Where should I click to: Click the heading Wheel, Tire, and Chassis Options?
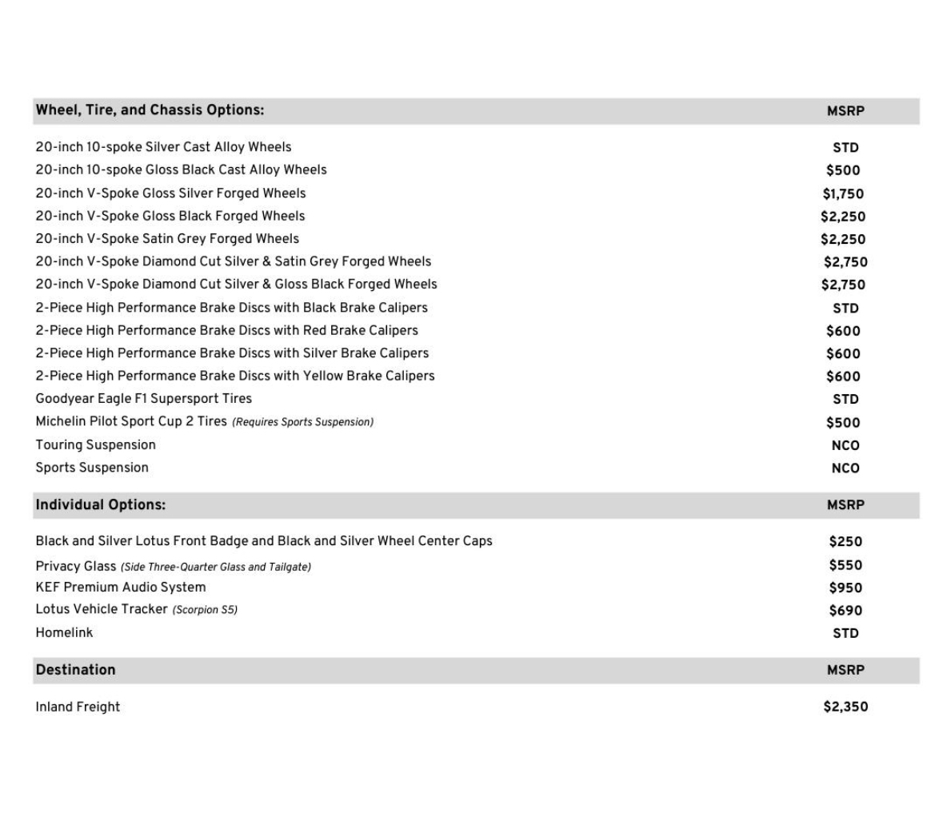(x=150, y=110)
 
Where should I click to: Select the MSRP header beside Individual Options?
(x=845, y=505)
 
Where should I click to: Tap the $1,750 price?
(x=843, y=193)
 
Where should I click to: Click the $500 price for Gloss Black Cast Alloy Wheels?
(x=843, y=170)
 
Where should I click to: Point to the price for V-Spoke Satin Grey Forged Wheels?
(x=843, y=239)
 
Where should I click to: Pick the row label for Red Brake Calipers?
(x=226, y=330)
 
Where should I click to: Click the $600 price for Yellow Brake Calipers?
(x=843, y=377)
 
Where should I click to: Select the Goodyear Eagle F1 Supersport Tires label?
(x=143, y=398)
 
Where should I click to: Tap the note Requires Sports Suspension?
(x=302, y=422)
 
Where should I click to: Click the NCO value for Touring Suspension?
(x=845, y=445)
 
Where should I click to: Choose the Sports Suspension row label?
(x=92, y=468)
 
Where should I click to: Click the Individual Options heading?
(x=101, y=505)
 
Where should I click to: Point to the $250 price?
(x=845, y=541)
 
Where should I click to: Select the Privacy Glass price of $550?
(x=845, y=565)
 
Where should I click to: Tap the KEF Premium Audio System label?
(x=121, y=587)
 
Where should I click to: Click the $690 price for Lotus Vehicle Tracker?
(x=845, y=611)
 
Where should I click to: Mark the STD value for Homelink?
(x=845, y=633)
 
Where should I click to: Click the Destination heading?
(x=75, y=670)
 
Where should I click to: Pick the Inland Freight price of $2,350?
(x=845, y=707)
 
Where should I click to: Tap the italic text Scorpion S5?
(x=205, y=610)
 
